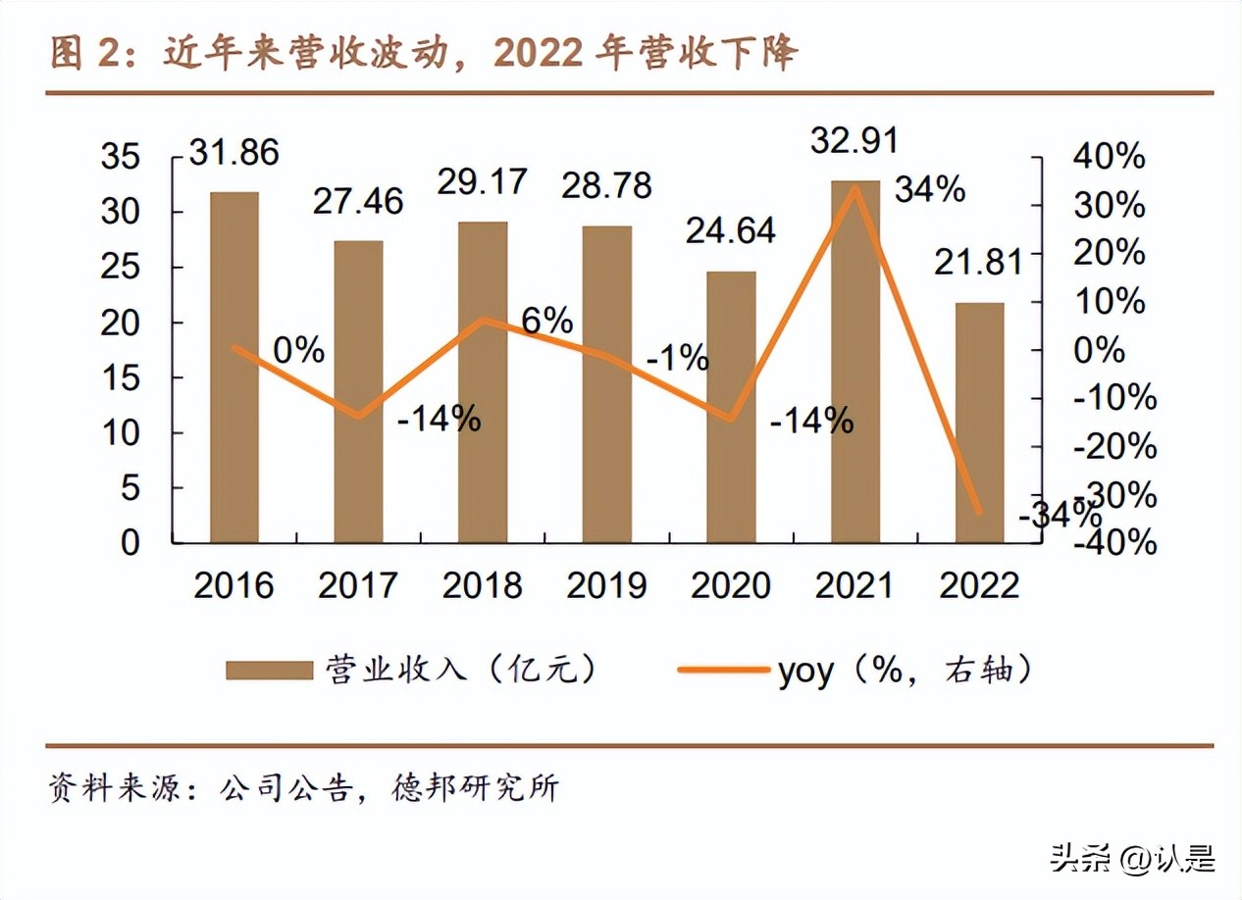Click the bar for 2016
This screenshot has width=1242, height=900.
[234, 368]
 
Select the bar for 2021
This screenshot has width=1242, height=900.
[854, 362]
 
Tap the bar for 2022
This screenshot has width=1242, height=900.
[979, 423]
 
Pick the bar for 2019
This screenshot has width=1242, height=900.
[606, 384]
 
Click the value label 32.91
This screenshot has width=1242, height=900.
[854, 142]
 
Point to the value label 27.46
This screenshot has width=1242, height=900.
[358, 201]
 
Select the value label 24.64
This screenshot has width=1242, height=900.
[731, 230]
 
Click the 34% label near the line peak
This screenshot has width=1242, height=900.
[930, 189]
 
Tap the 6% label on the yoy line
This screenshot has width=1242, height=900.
[546, 322]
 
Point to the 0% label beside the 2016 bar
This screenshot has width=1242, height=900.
[298, 350]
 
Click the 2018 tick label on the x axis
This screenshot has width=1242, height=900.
[482, 585]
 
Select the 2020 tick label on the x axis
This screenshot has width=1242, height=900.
[731, 585]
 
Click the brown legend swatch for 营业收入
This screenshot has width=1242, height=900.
[268, 670]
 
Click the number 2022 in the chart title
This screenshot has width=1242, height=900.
[539, 54]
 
